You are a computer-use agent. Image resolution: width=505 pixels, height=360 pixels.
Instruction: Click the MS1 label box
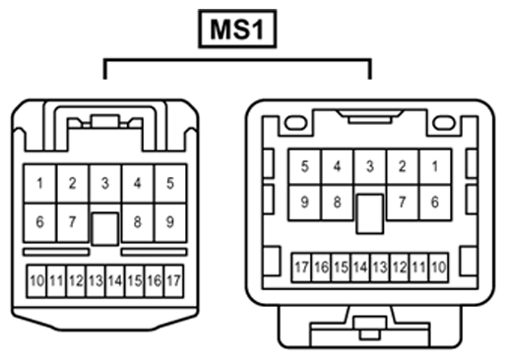tap(237, 29)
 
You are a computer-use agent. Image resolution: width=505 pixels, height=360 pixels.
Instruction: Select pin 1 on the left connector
tap(40, 183)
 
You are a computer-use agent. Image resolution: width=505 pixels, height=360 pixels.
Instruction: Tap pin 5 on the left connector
tap(170, 183)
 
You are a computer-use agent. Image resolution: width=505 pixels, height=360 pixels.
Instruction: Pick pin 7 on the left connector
tap(73, 222)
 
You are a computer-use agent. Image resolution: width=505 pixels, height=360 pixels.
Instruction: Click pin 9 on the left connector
tap(170, 222)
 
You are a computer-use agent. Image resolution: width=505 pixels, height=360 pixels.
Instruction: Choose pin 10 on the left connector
tap(36, 281)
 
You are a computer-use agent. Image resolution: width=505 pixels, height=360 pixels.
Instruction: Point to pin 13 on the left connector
tap(95, 281)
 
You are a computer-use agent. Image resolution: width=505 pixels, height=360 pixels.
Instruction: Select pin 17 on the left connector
tap(173, 281)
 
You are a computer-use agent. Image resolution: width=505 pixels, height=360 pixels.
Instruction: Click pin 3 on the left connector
tap(105, 183)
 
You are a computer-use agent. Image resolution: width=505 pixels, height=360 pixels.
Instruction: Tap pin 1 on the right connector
tap(435, 167)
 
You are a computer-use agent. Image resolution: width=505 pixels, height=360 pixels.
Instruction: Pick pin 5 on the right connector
tap(305, 167)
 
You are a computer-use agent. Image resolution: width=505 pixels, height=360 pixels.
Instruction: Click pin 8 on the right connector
tap(338, 203)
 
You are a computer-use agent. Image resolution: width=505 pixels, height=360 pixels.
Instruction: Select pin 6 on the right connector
tap(435, 203)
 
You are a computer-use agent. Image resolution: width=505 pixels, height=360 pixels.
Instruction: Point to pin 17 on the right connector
tap(301, 268)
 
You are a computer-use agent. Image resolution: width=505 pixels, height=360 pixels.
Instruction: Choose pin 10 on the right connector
tap(439, 268)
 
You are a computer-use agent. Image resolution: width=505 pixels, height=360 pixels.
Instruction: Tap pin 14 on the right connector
tap(360, 268)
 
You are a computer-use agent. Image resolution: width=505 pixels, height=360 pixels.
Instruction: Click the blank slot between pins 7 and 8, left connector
tap(105, 229)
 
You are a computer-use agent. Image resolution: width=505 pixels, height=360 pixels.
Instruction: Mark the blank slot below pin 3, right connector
tap(370, 213)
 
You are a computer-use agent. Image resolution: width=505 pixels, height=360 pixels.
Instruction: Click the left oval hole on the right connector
tap(295, 123)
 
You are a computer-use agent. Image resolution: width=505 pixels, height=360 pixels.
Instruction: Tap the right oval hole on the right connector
tap(444, 123)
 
